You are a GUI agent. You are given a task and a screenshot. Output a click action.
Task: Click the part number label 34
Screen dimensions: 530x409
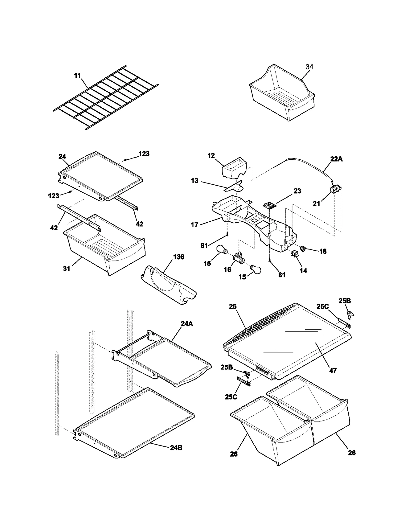pyautogui.click(x=309, y=67)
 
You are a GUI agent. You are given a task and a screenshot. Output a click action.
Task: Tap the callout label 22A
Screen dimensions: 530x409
pyautogui.click(x=336, y=159)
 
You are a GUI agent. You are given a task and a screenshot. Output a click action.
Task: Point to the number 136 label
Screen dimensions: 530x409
pyautogui.click(x=178, y=257)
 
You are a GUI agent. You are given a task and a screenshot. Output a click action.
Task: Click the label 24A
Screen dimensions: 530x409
pyautogui.click(x=187, y=324)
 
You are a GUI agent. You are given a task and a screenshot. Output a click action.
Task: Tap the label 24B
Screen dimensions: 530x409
pyautogui.click(x=176, y=448)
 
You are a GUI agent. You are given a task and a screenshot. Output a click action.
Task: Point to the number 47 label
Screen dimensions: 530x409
pyautogui.click(x=333, y=370)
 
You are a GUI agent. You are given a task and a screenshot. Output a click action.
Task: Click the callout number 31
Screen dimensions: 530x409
pyautogui.click(x=66, y=268)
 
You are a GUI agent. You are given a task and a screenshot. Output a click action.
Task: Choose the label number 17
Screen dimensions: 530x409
pyautogui.click(x=195, y=225)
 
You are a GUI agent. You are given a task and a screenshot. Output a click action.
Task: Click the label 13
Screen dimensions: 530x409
pyautogui.click(x=195, y=181)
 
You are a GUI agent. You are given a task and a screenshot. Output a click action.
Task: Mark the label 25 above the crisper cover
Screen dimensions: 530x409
pyautogui.click(x=233, y=306)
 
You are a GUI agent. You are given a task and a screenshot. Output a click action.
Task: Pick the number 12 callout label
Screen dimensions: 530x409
pyautogui.click(x=211, y=155)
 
